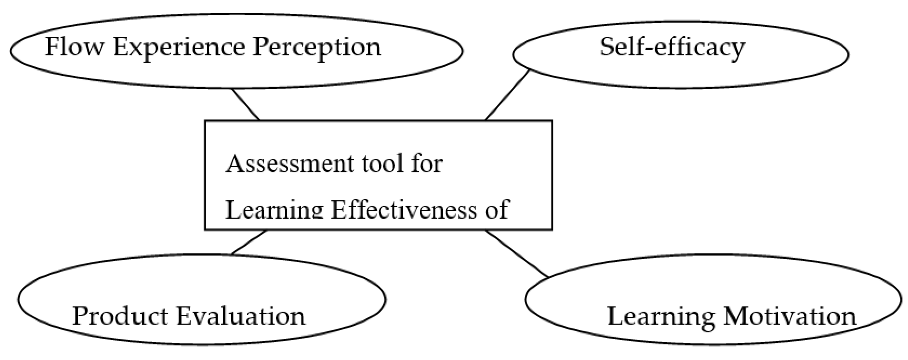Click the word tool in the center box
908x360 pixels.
(x=383, y=164)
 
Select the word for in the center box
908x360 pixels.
(x=426, y=164)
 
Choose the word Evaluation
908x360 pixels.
(x=241, y=316)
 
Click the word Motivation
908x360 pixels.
(x=789, y=316)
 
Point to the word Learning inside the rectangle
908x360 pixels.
(x=274, y=210)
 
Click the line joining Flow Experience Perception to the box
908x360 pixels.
(x=245, y=104)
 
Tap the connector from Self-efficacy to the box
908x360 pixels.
(x=507, y=95)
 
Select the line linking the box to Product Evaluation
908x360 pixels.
(x=248, y=242)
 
